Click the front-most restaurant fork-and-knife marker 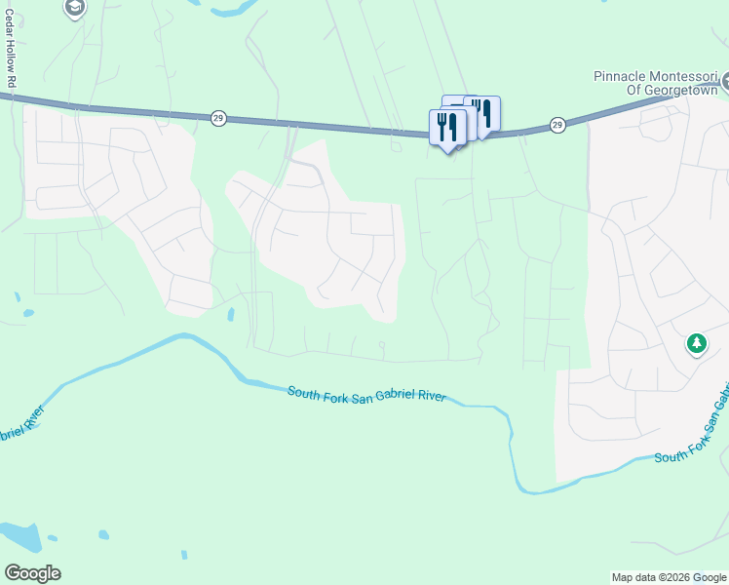(447, 126)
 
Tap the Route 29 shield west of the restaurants (218, 117)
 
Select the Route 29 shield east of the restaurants (556, 124)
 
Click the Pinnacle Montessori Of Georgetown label (656, 83)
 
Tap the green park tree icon (696, 342)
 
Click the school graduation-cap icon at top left (74, 9)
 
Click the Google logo (32, 573)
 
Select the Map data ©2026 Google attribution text (668, 577)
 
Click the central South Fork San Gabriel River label (366, 394)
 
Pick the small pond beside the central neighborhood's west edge (231, 315)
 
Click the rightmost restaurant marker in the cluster (483, 112)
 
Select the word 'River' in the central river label (430, 397)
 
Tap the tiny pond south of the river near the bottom (102, 534)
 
